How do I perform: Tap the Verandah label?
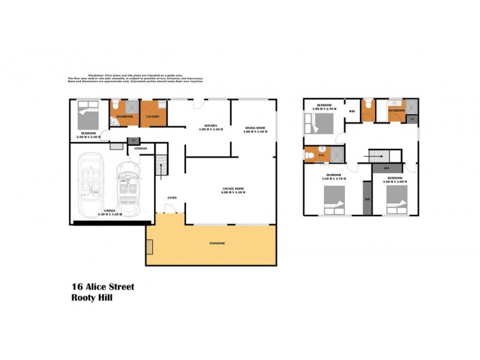[x=217, y=243]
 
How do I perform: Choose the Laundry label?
[x=153, y=116]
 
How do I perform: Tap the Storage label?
[x=140, y=148]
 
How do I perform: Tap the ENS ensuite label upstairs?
[x=321, y=155]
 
